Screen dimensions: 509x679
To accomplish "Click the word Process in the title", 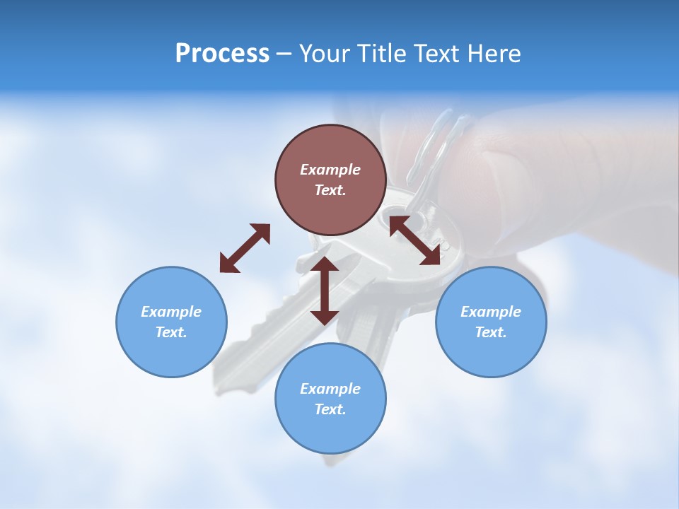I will tap(222, 54).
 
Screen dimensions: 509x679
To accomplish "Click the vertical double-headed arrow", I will tap(325, 291).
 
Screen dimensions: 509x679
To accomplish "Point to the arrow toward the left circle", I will tap(245, 248).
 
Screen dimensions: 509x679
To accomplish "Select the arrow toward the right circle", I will tap(415, 240).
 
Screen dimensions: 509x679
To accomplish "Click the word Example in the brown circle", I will tap(330, 170).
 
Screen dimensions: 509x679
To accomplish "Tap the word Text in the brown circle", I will tap(330, 190).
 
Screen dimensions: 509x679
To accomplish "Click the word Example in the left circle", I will tap(171, 312).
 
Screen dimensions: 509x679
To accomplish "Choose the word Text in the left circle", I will tap(171, 332).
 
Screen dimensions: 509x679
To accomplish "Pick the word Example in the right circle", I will tap(491, 312).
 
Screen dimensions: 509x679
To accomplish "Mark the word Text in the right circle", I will tap(491, 332).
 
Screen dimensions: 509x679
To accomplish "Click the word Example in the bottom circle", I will tap(330, 389).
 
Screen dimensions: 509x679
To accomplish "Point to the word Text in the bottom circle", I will tap(330, 409).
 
